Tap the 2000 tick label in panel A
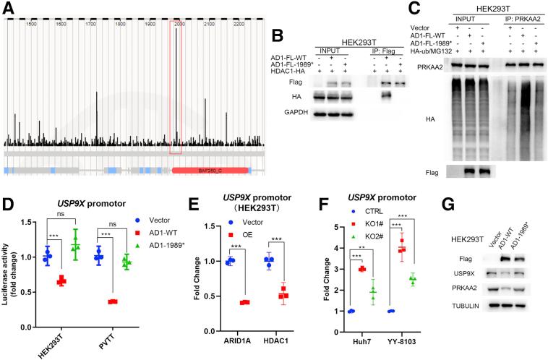[179, 25]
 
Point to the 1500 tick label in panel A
[31, 25]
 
